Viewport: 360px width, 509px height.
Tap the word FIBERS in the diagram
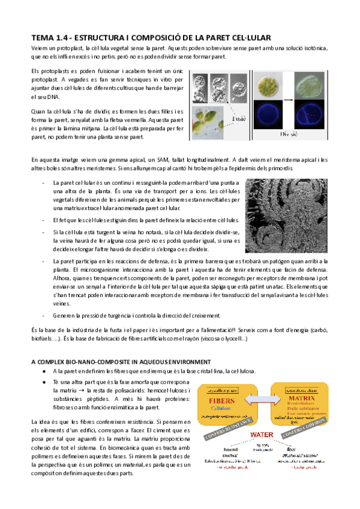(x=221, y=400)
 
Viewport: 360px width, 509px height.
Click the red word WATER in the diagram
(x=262, y=434)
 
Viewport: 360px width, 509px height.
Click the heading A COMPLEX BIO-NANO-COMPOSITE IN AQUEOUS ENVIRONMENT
(x=121, y=361)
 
